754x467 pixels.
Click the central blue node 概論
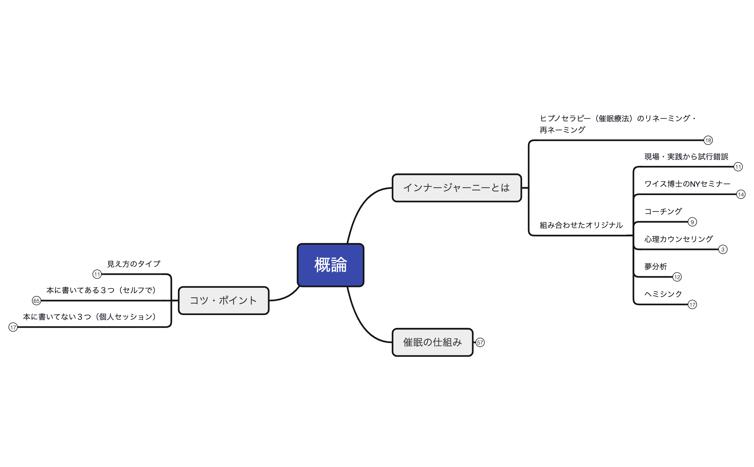point(330,265)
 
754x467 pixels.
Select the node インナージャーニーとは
point(456,188)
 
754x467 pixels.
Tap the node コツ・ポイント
point(223,300)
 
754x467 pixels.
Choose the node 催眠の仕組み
point(432,342)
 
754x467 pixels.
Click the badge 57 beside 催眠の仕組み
point(480,342)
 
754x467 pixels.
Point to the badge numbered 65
point(36,301)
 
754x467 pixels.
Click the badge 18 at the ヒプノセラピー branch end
point(708,140)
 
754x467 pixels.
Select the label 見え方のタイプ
point(134,264)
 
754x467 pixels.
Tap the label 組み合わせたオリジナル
point(581,225)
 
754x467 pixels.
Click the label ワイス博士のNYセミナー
point(687,184)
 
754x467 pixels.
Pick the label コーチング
point(663,211)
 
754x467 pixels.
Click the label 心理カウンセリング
point(678,239)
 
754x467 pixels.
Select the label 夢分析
point(656,267)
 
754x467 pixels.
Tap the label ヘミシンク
point(663,294)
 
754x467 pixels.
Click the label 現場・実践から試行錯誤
point(686,157)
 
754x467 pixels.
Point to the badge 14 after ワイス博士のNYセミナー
point(741,194)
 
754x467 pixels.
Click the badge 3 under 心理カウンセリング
point(723,249)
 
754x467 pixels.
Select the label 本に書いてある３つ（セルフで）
point(101,290)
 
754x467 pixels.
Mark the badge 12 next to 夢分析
point(677,277)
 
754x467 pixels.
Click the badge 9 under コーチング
point(692,222)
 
